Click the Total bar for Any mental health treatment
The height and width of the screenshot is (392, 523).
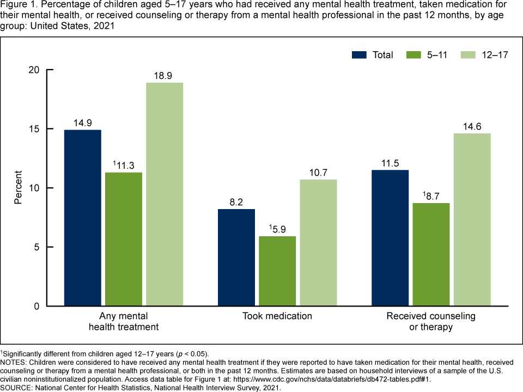point(82,218)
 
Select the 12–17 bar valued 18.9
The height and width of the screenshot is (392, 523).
point(165,194)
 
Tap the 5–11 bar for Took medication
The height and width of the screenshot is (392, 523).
point(277,271)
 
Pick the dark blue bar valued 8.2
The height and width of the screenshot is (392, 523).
point(236,258)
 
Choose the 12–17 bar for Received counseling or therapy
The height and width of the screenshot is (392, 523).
point(472,219)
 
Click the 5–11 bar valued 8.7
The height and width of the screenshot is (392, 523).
point(431,254)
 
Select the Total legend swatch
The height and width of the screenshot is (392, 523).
point(360,54)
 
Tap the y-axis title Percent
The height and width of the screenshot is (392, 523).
point(18,188)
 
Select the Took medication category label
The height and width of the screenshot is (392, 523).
point(277,316)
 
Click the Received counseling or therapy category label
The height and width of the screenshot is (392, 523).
point(431,321)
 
